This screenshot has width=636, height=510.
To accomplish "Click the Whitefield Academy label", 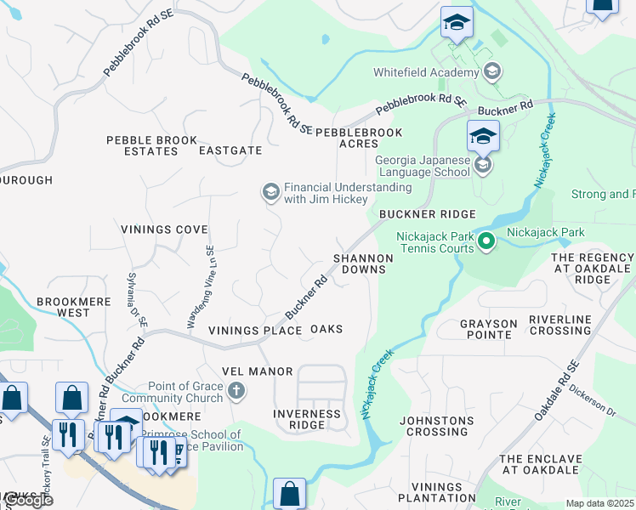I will [x=425, y=72].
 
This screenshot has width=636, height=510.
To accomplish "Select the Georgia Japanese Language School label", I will [x=423, y=165].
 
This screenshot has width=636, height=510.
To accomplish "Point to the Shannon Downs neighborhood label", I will [x=363, y=263].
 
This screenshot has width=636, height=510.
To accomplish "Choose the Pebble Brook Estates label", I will [x=151, y=145].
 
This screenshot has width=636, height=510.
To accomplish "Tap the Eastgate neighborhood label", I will [x=230, y=150].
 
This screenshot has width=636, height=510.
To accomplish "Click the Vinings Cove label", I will [x=164, y=229].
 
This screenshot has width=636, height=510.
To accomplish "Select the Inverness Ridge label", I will [x=307, y=419].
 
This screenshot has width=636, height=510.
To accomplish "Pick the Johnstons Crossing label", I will [x=438, y=425].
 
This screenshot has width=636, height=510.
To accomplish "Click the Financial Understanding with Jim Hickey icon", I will [x=270, y=193].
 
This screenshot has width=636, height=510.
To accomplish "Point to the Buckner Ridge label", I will [x=427, y=215].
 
